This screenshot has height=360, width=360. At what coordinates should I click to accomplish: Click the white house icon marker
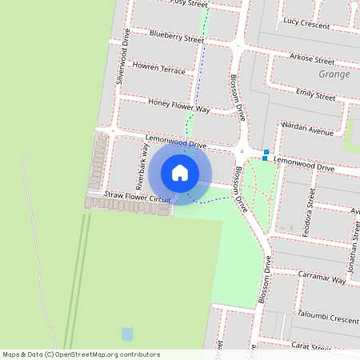click(x=180, y=172)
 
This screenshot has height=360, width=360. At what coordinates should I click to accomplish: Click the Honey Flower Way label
click(x=179, y=106)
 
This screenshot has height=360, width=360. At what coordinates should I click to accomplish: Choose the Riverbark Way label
click(x=142, y=166)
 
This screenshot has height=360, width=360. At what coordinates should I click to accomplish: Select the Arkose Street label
click(x=312, y=60)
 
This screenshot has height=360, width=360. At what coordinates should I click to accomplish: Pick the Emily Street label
click(x=315, y=94)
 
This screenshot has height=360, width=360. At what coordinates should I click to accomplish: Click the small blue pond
click(x=127, y=334)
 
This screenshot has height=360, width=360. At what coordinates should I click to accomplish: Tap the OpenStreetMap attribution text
click(x=80, y=354)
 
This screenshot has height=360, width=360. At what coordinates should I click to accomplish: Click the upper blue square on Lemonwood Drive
click(x=266, y=151)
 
